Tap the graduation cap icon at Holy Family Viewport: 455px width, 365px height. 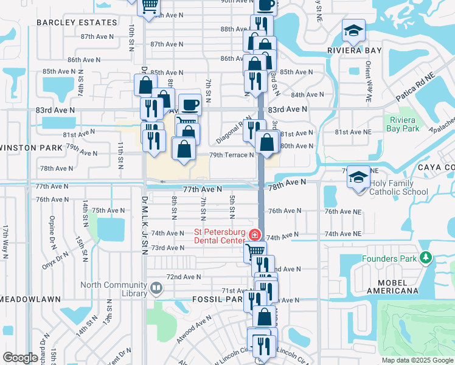pos(358,177)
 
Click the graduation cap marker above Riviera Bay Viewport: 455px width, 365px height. pos(352,30)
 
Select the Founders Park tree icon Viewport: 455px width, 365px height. pos(425,259)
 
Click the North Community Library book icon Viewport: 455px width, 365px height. pos(156,288)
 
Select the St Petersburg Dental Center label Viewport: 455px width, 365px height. pos(220,235)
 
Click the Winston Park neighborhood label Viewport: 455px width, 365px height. pos(32,148)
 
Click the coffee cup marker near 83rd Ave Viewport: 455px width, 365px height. pos(190,104)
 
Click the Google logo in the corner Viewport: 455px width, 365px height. pos(20,358)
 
